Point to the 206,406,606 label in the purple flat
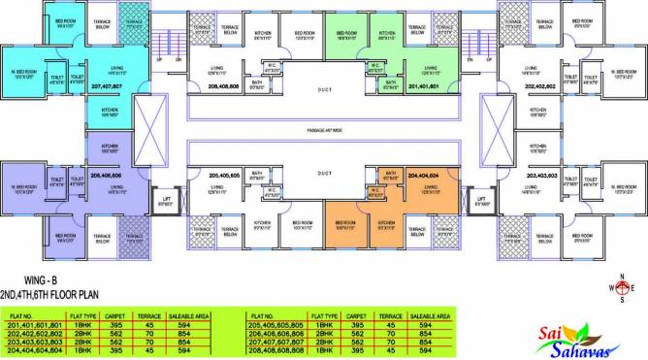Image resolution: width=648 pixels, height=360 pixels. (x=106, y=177)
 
